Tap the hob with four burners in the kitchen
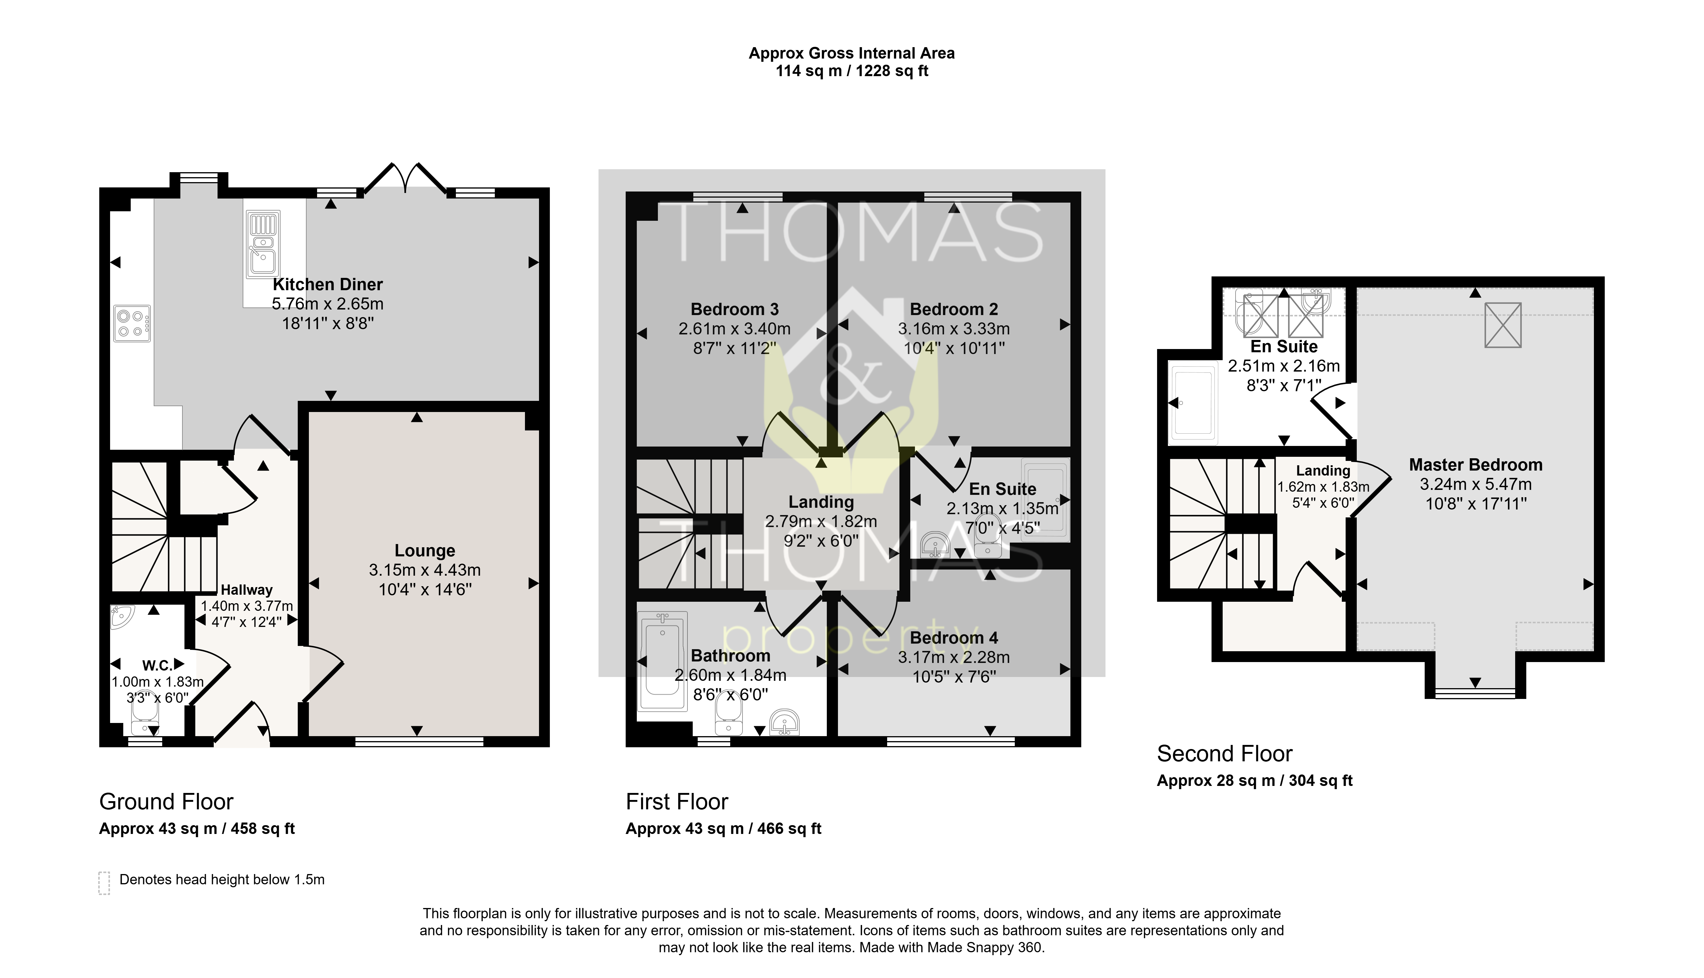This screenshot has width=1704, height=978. pyautogui.click(x=132, y=323)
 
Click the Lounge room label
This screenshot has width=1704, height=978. pyautogui.click(x=425, y=551)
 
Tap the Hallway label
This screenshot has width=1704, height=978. pyautogui.click(x=247, y=590)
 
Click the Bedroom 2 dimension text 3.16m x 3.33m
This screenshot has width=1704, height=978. pyautogui.click(x=954, y=329)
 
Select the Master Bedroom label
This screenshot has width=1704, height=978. pyautogui.click(x=1476, y=465)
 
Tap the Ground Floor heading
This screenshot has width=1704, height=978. pyautogui.click(x=166, y=802)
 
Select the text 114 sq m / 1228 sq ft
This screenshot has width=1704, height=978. pyautogui.click(x=852, y=71)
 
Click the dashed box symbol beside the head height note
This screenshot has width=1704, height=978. pyautogui.click(x=104, y=883)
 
